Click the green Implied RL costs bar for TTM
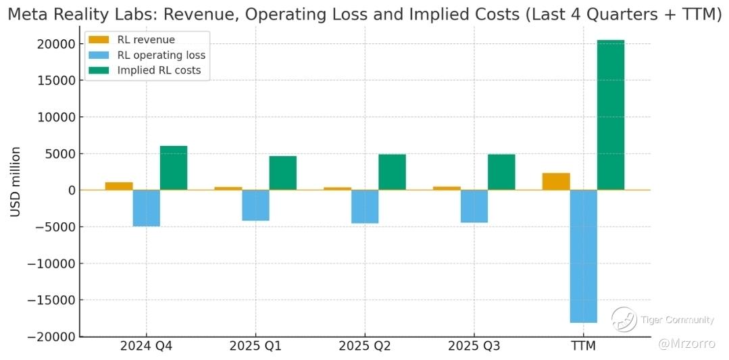611,115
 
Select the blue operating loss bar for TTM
583,256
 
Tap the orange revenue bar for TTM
556,182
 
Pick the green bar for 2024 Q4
174,168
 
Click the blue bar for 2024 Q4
146,208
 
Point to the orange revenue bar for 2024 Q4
119,186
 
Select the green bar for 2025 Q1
282,173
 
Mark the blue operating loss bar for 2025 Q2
365,206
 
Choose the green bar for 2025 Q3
501,172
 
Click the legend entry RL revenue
146,40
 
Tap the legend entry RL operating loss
161,55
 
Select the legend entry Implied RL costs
159,70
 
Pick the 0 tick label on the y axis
70,190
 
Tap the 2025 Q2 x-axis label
365,346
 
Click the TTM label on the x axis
583,346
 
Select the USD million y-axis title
15,182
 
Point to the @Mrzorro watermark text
686,344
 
